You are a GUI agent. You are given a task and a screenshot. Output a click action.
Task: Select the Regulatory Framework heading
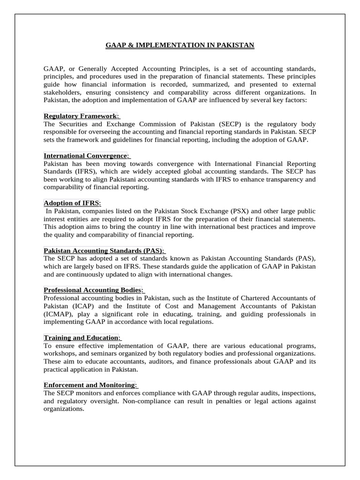80,116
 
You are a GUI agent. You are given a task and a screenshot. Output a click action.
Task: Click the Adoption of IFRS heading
71,203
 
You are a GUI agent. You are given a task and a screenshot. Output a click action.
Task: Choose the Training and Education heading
81,337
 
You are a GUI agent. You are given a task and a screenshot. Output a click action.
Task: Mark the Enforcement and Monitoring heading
90,385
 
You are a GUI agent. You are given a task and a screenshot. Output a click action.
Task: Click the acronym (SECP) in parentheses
231,124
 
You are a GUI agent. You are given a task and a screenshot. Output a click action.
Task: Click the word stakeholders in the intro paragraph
63,92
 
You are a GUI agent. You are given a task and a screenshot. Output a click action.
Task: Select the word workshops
61,353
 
